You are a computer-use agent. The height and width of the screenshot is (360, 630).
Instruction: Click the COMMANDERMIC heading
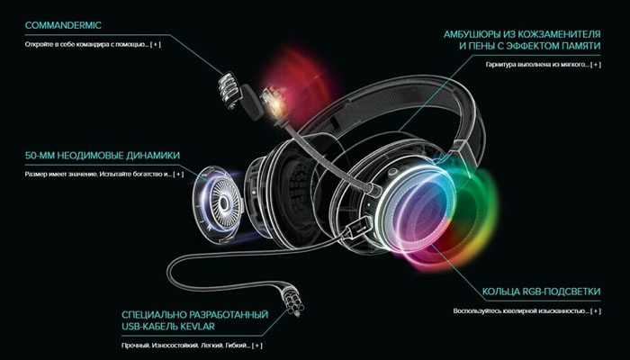pyautogui.click(x=63, y=25)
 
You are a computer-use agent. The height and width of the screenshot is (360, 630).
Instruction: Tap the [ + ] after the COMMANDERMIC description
pyautogui.click(x=156, y=44)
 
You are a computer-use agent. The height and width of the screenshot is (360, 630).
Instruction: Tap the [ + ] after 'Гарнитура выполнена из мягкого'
pyautogui.click(x=596, y=64)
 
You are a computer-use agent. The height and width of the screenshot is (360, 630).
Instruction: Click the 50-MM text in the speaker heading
pyautogui.click(x=40, y=156)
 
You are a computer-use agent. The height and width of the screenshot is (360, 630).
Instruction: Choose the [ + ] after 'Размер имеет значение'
pyautogui.click(x=178, y=174)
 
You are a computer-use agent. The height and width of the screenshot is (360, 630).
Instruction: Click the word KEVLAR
pyautogui.click(x=198, y=326)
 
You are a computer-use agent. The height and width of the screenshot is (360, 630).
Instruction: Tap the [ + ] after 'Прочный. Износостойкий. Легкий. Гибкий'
pyautogui.click(x=257, y=345)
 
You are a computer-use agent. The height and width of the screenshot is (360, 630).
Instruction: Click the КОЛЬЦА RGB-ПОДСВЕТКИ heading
pyautogui.click(x=541, y=292)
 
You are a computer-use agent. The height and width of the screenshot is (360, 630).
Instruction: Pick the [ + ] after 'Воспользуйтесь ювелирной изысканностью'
pyautogui.click(x=596, y=311)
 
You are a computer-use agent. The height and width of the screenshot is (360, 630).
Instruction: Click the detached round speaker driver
pyautogui.click(x=218, y=204)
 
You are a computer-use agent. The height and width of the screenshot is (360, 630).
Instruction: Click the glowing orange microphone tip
pyautogui.click(x=274, y=101)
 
